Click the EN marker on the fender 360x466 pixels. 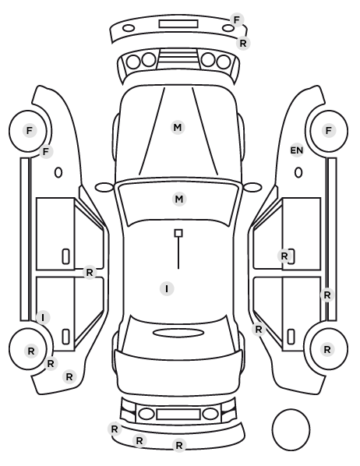tap(297, 150)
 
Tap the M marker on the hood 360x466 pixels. tap(178, 128)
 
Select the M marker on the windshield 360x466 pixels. tap(179, 199)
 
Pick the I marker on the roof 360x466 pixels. tap(167, 288)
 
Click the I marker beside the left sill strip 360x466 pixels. tap(43, 317)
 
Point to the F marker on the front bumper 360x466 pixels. tap(237, 20)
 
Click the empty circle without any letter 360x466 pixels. tap(291, 429)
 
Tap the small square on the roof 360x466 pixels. tap(178, 233)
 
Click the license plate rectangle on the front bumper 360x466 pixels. tap(178, 24)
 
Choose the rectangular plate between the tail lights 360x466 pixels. tap(178, 414)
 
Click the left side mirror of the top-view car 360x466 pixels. tap(104, 187)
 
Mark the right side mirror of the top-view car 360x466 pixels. tap(252, 187)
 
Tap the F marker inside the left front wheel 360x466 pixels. tap(29, 130)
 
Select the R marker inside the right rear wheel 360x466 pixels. tap(327, 349)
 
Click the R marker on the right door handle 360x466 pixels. tap(284, 256)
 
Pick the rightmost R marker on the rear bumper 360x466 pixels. tap(179, 445)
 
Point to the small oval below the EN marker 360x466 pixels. tap(298, 173)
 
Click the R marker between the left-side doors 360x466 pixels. tap(90, 272)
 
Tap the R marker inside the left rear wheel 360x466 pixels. tap(31, 351)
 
